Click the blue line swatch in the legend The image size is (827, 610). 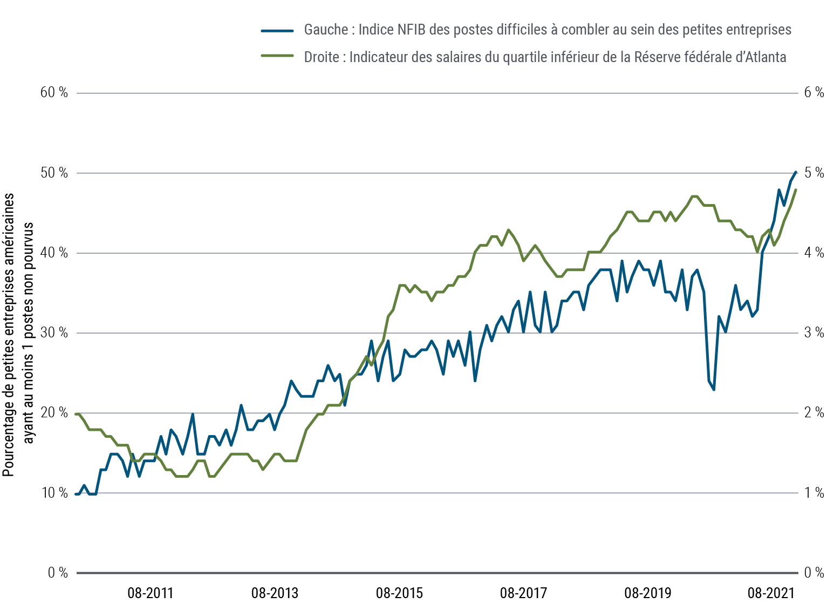click(x=277, y=31)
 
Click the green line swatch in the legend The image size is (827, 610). click(x=277, y=56)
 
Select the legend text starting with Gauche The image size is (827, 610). click(x=548, y=30)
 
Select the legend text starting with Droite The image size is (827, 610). click(x=545, y=57)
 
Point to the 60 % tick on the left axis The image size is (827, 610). click(x=54, y=92)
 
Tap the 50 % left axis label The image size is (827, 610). click(x=54, y=173)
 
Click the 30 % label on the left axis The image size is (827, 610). click(x=54, y=333)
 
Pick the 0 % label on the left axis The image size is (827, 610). click(x=58, y=573)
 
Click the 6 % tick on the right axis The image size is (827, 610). click(x=814, y=92)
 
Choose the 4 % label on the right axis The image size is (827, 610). click(x=814, y=253)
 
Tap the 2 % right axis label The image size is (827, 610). click(x=814, y=413)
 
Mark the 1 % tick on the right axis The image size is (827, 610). click(x=814, y=493)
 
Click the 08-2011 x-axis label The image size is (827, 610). click(x=151, y=593)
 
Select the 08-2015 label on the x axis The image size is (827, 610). click(x=399, y=593)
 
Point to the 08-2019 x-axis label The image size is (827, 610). click(x=648, y=593)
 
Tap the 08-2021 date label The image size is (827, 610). click(x=771, y=593)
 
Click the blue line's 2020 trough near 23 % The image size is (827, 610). click(x=714, y=389)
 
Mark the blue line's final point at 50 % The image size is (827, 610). click(x=796, y=173)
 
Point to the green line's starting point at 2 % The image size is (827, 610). click(x=77, y=414)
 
